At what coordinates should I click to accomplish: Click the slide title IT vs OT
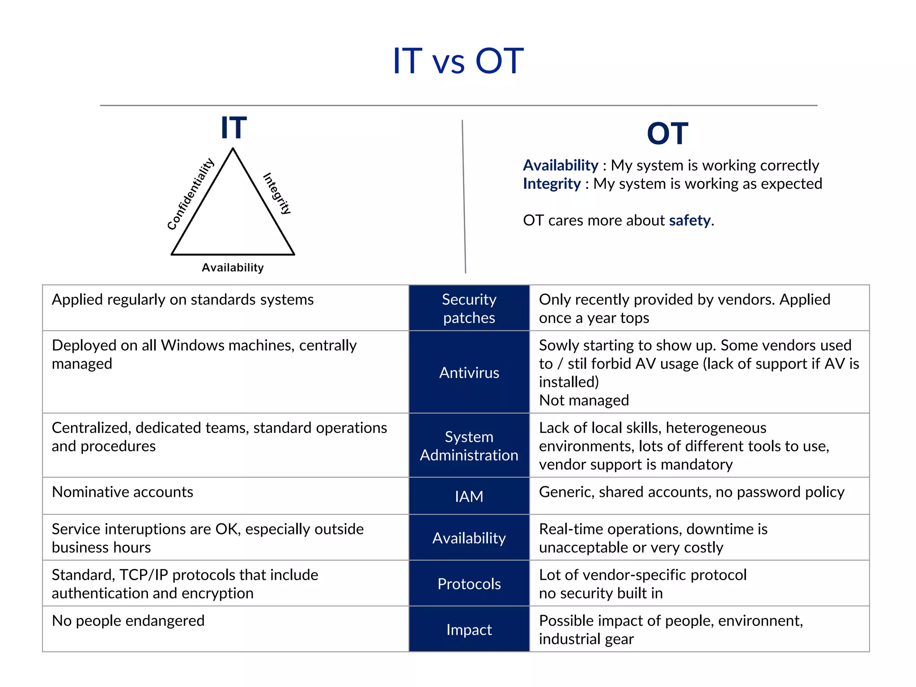[x=458, y=61]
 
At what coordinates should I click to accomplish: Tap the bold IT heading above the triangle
[x=233, y=128]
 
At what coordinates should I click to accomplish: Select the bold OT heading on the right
[x=667, y=134]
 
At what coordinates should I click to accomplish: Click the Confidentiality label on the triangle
[x=191, y=194]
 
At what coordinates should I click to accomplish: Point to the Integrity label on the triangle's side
[x=277, y=193]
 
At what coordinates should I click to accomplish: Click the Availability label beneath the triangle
[x=233, y=267]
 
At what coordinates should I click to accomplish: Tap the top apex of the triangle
[x=233, y=149]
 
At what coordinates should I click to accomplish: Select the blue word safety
[x=689, y=221]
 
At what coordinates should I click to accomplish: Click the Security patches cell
[x=469, y=308]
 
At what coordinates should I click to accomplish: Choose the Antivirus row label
[x=469, y=373]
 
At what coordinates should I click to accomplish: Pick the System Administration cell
[x=469, y=445]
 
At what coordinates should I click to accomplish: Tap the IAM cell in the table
[x=469, y=496]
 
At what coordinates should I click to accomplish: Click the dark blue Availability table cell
[x=469, y=538]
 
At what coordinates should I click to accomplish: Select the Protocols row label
[x=469, y=584]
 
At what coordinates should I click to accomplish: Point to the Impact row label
[x=469, y=629]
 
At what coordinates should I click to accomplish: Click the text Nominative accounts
[x=123, y=492]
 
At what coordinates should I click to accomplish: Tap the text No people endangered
[x=128, y=621]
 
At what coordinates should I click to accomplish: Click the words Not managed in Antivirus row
[x=584, y=400]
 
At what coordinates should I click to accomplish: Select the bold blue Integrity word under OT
[x=551, y=184]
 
